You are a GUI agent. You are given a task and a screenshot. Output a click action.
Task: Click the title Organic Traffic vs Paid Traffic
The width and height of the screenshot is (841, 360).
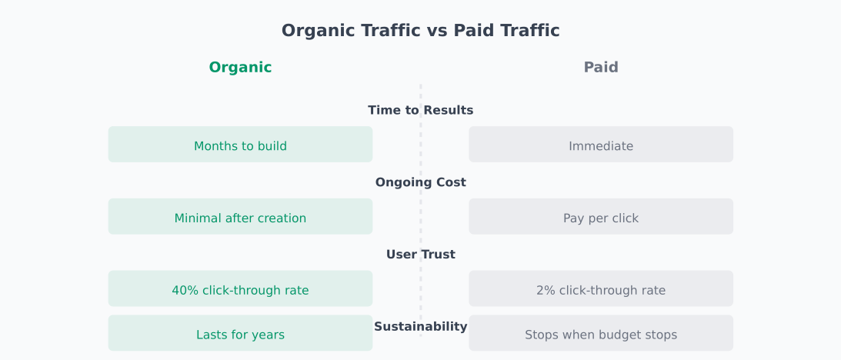pyautogui.click(x=420, y=31)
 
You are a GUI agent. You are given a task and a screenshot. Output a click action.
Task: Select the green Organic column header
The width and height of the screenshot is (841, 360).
pyautogui.click(x=240, y=68)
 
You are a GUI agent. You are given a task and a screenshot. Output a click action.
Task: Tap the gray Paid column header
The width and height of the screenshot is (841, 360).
pyautogui.click(x=601, y=68)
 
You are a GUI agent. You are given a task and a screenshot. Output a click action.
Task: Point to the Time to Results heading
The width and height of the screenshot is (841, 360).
pyautogui.click(x=420, y=110)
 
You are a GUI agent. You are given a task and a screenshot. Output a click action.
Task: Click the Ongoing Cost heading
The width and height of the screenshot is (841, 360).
pyautogui.click(x=420, y=182)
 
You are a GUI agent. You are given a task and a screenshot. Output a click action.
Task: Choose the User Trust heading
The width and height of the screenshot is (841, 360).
pyautogui.click(x=420, y=255)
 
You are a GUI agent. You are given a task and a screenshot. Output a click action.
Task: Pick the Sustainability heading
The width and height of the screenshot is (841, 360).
pyautogui.click(x=420, y=327)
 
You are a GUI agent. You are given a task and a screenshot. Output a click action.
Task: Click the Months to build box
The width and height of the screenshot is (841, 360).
pyautogui.click(x=240, y=145)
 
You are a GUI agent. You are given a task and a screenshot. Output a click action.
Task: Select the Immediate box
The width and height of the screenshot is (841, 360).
pyautogui.click(x=601, y=145)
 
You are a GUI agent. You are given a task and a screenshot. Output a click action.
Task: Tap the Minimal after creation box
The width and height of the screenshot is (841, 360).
pyautogui.click(x=240, y=217)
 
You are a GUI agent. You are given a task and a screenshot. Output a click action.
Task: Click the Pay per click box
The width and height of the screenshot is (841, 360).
pyautogui.click(x=601, y=217)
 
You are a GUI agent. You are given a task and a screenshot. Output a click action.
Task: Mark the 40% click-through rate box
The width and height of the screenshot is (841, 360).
pyautogui.click(x=240, y=289)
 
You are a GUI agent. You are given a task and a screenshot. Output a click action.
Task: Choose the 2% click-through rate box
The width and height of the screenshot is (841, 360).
pyautogui.click(x=601, y=289)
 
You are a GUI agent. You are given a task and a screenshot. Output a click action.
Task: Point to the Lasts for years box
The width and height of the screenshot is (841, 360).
pyautogui.click(x=240, y=334)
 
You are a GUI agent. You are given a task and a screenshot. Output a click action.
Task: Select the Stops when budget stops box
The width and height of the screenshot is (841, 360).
pyautogui.click(x=601, y=334)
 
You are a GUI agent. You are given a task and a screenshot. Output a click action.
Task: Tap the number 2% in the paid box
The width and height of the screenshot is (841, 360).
pyautogui.click(x=545, y=291)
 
